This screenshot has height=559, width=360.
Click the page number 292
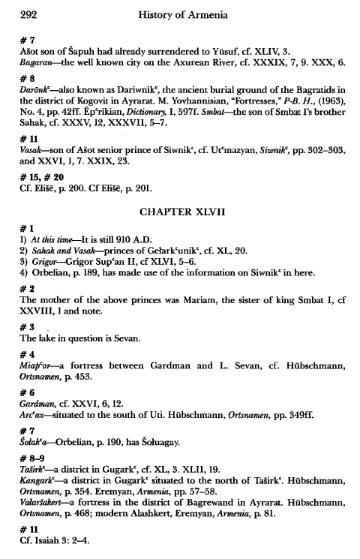tap(29, 14)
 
